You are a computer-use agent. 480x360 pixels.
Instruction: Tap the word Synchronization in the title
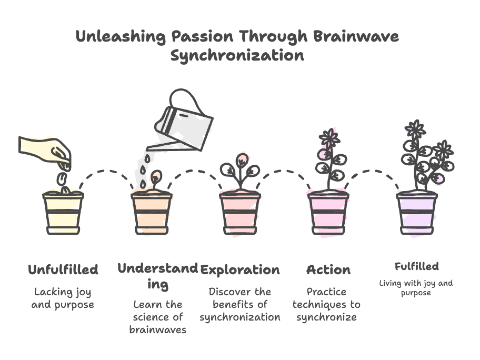pos(237,55)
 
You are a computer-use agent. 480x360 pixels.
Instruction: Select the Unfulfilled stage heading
pos(63,270)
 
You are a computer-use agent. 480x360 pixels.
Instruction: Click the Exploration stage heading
pos(240,270)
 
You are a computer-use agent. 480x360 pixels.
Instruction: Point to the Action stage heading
pos(328,270)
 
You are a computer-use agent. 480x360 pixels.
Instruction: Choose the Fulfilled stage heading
pos(416,266)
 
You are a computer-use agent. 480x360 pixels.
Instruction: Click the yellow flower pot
pos(63,213)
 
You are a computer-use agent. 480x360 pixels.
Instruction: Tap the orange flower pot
pos(152,213)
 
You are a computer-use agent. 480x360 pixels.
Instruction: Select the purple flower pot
pos(417,213)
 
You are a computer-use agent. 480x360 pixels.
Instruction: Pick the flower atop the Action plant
pos(329,138)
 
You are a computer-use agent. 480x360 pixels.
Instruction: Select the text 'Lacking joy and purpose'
pos(63,298)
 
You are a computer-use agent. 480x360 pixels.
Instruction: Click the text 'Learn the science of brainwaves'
pos(158,317)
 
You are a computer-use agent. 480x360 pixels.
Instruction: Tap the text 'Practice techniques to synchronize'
pos(326,304)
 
